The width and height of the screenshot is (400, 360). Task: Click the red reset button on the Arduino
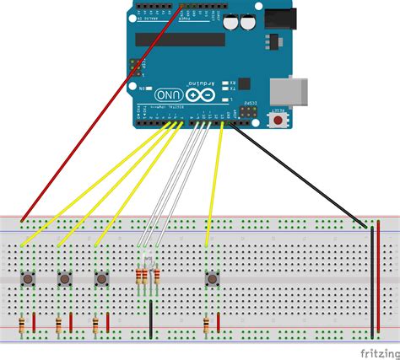point(278,121)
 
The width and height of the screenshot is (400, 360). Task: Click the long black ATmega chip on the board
point(181,39)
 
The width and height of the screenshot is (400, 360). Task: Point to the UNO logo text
point(167,95)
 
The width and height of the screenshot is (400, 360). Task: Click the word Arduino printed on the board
point(199,80)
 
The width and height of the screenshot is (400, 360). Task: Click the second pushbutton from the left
point(64,277)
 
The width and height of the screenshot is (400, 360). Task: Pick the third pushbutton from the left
point(101,277)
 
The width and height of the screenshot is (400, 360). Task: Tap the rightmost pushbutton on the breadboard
point(212,277)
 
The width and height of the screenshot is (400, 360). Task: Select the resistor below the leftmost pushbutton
point(21,323)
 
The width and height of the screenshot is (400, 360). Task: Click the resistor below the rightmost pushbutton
point(206,323)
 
